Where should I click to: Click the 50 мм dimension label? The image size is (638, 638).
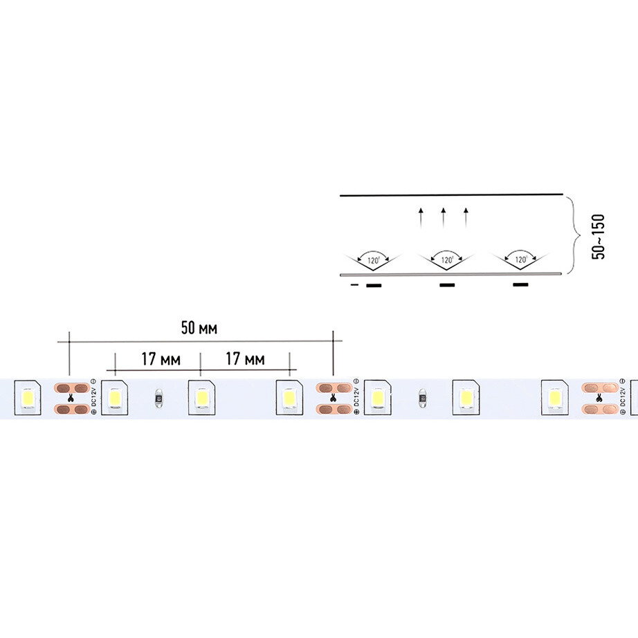tap(199, 329)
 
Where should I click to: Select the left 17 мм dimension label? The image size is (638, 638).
tap(156, 359)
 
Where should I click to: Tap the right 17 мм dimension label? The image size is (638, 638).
tap(245, 359)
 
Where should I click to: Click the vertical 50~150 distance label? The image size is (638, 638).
tap(599, 237)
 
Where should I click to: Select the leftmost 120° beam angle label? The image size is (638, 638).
tap(373, 261)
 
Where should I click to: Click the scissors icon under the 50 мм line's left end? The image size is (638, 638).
tap(71, 398)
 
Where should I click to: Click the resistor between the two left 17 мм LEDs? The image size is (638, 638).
tap(158, 398)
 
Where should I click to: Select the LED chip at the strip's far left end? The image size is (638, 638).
tap(28, 398)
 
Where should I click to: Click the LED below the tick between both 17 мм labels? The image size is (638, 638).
tap(201, 398)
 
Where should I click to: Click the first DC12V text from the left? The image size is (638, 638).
tap(94, 398)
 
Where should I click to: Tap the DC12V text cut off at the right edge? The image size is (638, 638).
tap(622, 398)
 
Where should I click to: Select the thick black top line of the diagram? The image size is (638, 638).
tap(450, 195)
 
